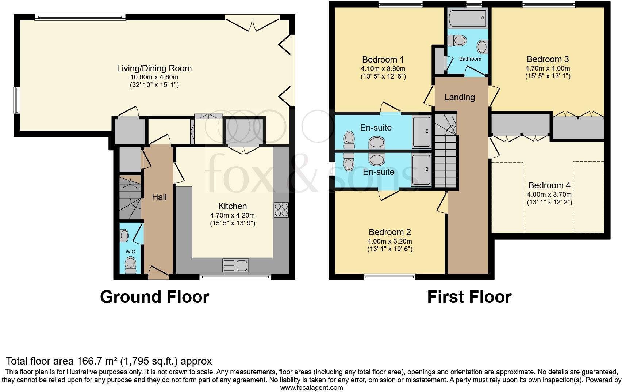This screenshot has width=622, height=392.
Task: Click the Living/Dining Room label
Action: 154,68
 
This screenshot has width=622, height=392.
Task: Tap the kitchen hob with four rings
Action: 281,210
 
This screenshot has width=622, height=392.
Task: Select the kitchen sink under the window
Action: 235,265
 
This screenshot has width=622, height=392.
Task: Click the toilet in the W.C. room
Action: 130,264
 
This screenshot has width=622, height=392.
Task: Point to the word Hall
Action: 159,197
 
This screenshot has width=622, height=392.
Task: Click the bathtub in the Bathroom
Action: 468,19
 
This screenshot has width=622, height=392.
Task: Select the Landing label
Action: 459,97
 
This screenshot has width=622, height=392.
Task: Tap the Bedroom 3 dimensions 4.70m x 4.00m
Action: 548,68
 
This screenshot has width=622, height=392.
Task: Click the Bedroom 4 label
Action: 549,185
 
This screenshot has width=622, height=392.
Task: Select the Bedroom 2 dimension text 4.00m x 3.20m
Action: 389,241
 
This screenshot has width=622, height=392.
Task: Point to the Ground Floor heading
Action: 154,297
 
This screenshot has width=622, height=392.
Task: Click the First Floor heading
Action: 469,297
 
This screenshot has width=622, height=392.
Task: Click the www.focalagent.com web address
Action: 311,388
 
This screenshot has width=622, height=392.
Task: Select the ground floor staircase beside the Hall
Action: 130,198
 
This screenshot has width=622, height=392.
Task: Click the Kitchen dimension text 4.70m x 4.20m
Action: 232,215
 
